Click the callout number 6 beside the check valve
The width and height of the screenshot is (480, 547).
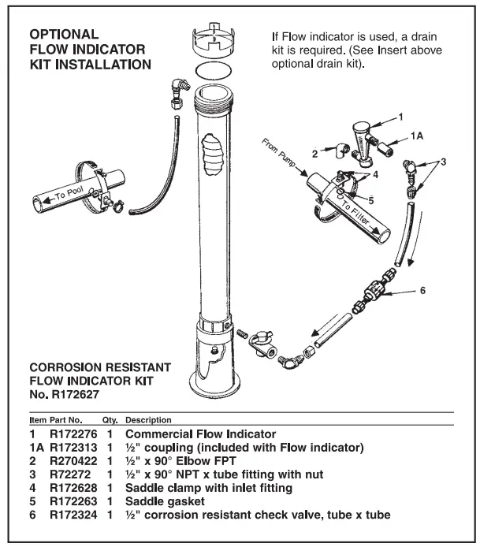[422, 291]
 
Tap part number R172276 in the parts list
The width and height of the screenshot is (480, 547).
[73, 434]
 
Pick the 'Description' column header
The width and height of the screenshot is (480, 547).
[148, 420]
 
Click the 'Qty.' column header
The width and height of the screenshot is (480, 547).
[110, 420]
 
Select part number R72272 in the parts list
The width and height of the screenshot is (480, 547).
[69, 475]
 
